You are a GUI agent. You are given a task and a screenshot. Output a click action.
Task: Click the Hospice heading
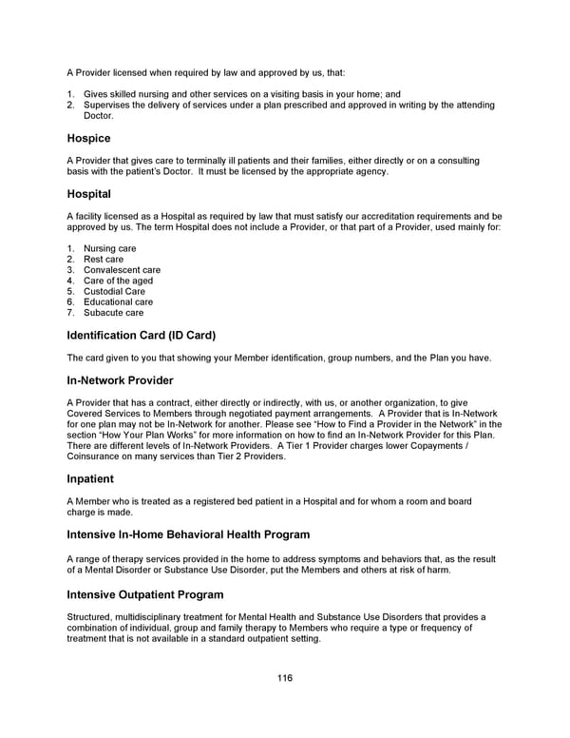tap(88, 138)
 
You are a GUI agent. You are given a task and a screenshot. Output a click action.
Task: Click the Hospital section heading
tap(88, 194)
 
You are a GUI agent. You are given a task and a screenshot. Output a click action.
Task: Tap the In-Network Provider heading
tap(120, 380)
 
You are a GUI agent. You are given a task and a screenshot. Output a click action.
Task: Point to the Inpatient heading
tap(90, 478)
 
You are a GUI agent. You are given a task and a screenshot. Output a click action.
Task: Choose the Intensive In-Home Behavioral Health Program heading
tap(188, 534)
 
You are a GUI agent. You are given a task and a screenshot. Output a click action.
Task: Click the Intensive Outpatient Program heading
tap(145, 594)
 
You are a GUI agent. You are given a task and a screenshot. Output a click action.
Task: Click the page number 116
tap(285, 678)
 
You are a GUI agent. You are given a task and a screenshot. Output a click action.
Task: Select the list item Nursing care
tap(109, 249)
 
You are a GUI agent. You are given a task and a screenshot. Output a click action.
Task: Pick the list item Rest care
tap(104, 260)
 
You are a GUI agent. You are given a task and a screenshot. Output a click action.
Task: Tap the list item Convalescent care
tap(122, 270)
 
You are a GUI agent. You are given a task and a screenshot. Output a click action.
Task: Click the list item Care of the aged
tap(118, 281)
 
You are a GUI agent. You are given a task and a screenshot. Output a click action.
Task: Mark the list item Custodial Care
tap(114, 291)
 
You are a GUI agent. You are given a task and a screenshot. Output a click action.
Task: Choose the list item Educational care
tap(118, 301)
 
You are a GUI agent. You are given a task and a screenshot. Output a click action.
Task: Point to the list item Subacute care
tap(113, 313)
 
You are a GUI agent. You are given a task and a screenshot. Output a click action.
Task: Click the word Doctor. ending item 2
tap(99, 115)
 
